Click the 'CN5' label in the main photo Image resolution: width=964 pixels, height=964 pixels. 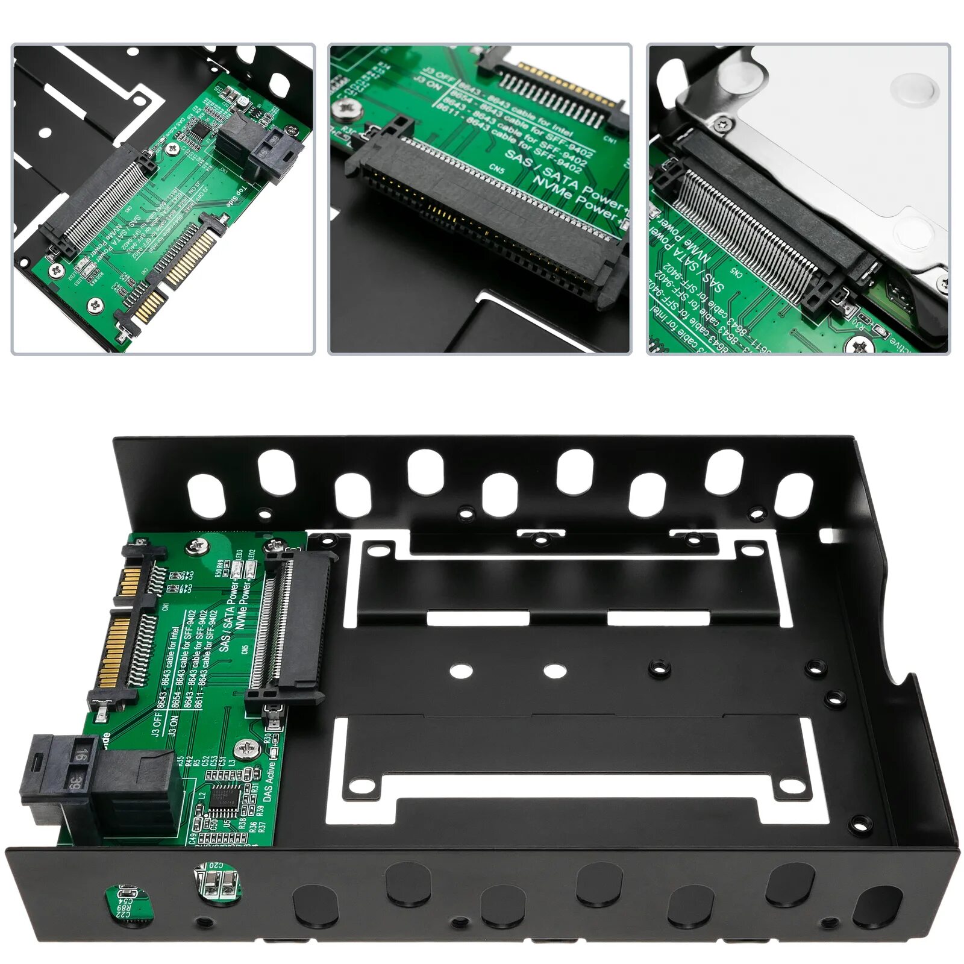click(245, 650)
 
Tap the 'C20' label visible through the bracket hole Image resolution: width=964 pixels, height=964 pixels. click(216, 866)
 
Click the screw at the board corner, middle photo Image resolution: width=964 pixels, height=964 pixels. click(345, 108)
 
